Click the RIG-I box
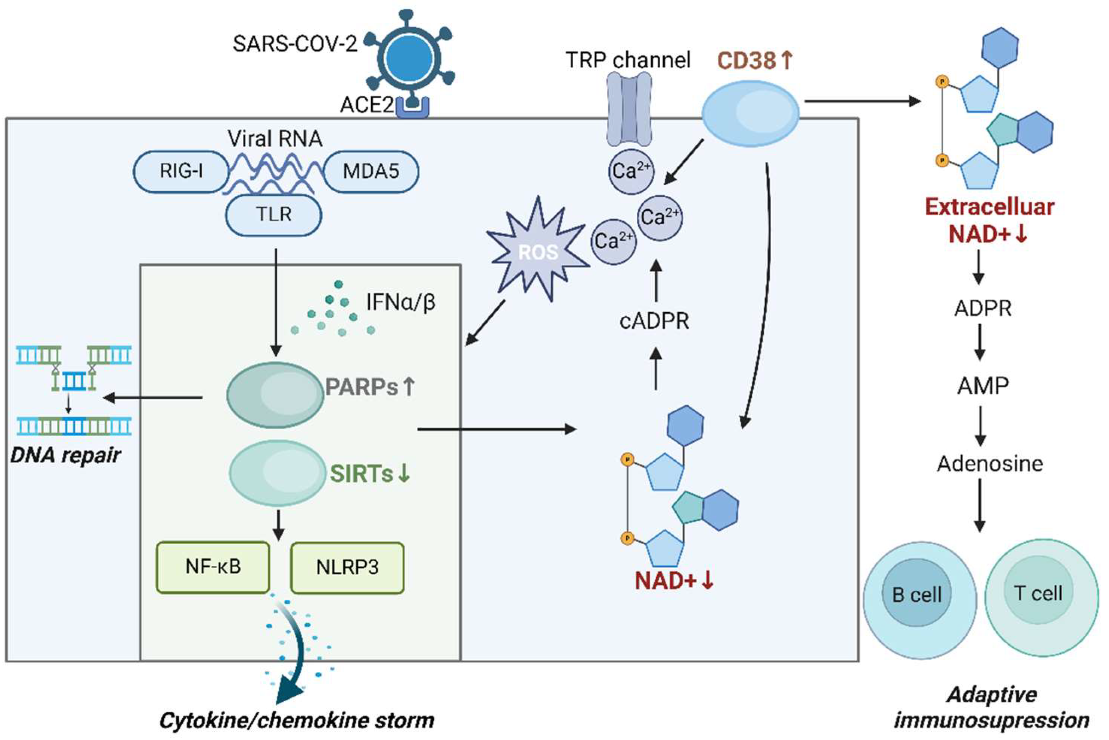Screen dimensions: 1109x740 181,171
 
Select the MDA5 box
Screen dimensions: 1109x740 371,171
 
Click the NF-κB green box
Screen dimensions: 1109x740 213,567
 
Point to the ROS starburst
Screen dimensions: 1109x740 538,250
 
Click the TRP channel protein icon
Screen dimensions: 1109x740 629,109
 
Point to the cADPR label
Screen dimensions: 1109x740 654,321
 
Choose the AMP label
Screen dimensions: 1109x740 983,385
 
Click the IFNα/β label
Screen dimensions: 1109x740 400,302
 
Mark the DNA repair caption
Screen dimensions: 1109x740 65,455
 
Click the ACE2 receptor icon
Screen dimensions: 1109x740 412,106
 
